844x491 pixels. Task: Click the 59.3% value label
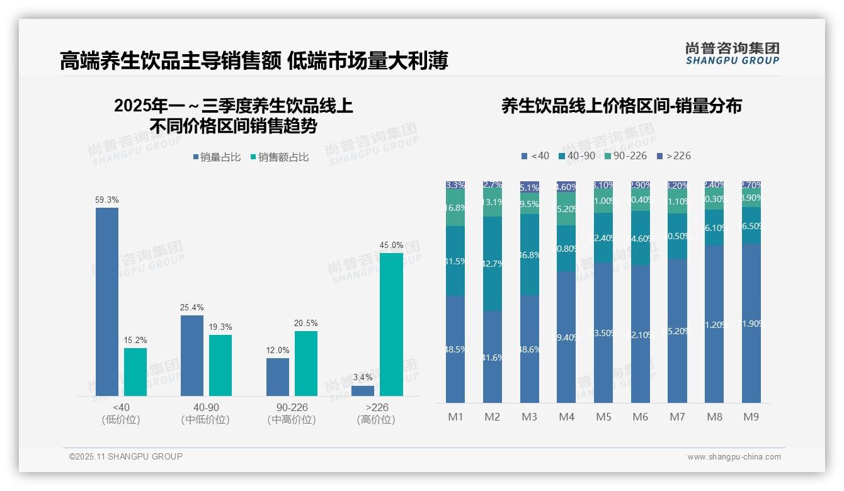(107, 200)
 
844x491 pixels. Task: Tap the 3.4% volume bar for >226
(363, 390)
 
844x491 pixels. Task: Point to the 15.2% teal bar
(135, 371)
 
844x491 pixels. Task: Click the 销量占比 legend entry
(217, 157)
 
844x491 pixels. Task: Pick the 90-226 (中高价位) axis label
(291, 414)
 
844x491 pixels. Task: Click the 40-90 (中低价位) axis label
(205, 414)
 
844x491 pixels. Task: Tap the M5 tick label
(603, 417)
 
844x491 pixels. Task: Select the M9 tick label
(751, 417)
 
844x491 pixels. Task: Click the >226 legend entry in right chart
(673, 155)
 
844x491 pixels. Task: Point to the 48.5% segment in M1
(455, 349)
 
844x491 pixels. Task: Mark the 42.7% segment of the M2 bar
(493, 264)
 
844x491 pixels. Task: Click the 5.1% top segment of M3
(530, 187)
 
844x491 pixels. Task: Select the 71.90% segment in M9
(751, 324)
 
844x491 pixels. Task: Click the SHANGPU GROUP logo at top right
(732, 54)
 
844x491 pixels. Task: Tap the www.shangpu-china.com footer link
(734, 457)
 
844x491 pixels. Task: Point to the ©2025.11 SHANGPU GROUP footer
(126, 456)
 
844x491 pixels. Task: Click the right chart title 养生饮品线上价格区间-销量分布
(621, 106)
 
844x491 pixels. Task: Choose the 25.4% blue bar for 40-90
(192, 355)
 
